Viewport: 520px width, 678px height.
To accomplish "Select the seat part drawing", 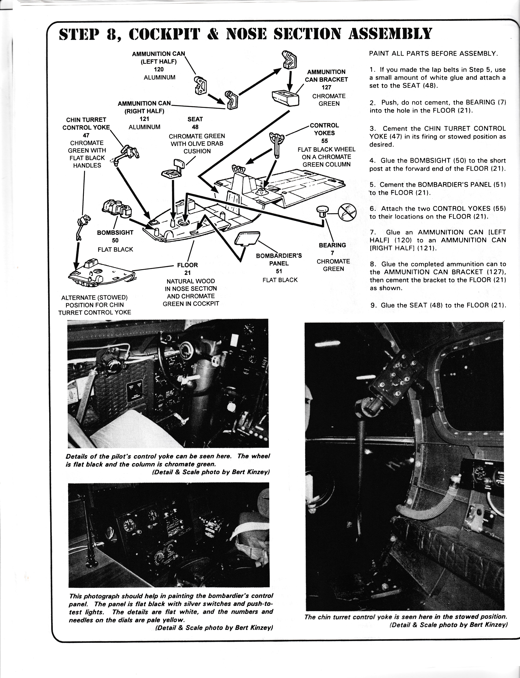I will click(x=174, y=169).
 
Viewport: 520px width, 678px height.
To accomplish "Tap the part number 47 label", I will click(x=86, y=135).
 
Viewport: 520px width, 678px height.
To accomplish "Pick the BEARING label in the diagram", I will click(x=332, y=245).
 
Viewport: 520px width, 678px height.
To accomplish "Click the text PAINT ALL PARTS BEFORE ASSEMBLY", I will click(x=433, y=53).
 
